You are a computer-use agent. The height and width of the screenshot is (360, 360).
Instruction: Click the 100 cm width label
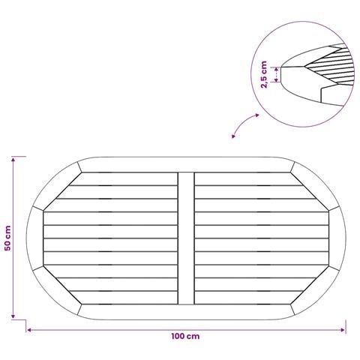(185, 336)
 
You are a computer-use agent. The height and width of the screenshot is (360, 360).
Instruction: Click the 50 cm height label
(7, 238)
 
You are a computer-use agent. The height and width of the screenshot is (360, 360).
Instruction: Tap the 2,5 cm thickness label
(264, 74)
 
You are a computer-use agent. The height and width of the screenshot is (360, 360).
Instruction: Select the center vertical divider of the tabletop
(186, 238)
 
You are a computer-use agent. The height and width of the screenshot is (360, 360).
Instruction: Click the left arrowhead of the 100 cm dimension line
(28, 330)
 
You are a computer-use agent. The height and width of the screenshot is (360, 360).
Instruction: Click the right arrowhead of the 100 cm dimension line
(343, 330)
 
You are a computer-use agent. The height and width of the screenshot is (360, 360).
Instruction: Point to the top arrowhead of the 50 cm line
(13, 159)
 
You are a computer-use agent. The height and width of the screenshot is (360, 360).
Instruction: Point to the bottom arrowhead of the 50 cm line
(13, 316)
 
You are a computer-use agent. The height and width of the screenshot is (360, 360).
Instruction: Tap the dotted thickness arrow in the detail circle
(276, 74)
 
